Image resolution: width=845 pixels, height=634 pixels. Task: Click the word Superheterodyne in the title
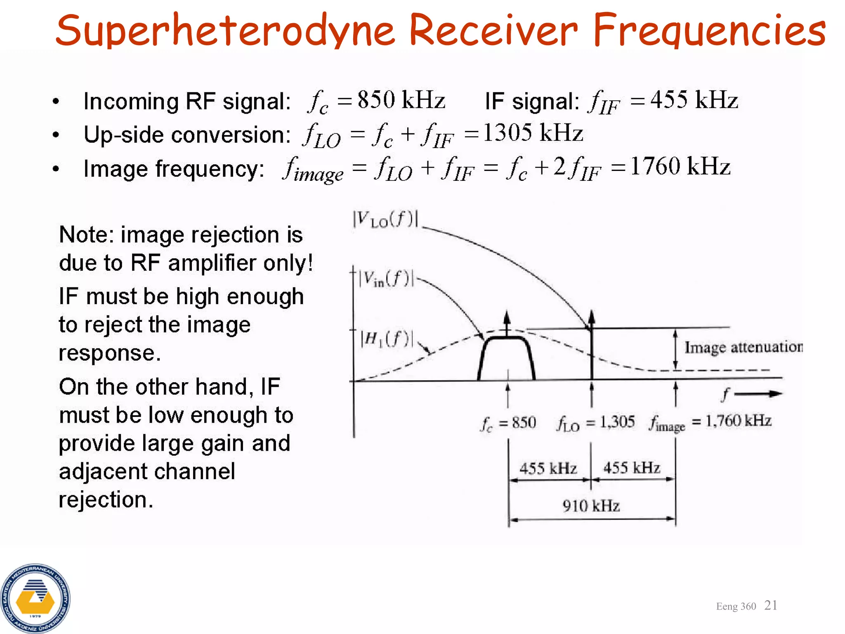coord(225,31)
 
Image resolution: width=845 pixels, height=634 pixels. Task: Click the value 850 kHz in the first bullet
coord(401,100)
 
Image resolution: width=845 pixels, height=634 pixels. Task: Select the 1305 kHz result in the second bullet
coord(533,133)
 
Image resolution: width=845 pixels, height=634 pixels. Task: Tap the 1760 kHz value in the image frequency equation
coord(680,167)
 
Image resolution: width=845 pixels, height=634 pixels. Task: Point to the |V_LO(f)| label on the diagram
coord(385,219)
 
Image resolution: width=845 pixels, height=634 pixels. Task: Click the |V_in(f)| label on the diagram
coord(386,279)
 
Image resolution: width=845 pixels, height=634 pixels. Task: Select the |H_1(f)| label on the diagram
coord(386,339)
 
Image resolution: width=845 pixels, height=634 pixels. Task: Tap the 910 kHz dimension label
coord(591,506)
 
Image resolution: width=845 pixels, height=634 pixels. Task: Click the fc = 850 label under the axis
coord(508,423)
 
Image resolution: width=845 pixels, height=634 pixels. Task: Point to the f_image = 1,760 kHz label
coord(709,422)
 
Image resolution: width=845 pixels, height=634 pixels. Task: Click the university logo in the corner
coord(35,599)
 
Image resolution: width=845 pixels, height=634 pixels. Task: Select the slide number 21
coord(770,605)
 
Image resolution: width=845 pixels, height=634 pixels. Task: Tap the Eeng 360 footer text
coord(736,606)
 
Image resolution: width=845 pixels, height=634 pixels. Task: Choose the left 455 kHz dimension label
coord(548,469)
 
